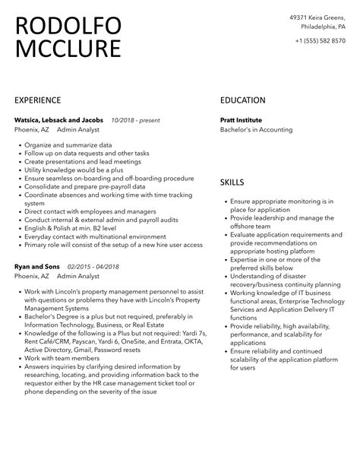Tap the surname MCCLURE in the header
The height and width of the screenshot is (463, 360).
click(x=68, y=50)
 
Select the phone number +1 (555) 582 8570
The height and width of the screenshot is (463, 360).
click(x=320, y=40)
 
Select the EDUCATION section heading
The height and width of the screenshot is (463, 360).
click(x=243, y=100)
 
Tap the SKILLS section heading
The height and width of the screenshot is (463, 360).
click(x=232, y=182)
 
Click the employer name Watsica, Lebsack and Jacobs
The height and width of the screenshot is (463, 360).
click(x=58, y=120)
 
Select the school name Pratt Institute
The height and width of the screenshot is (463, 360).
click(x=241, y=120)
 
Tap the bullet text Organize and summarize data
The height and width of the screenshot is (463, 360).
click(x=68, y=144)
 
